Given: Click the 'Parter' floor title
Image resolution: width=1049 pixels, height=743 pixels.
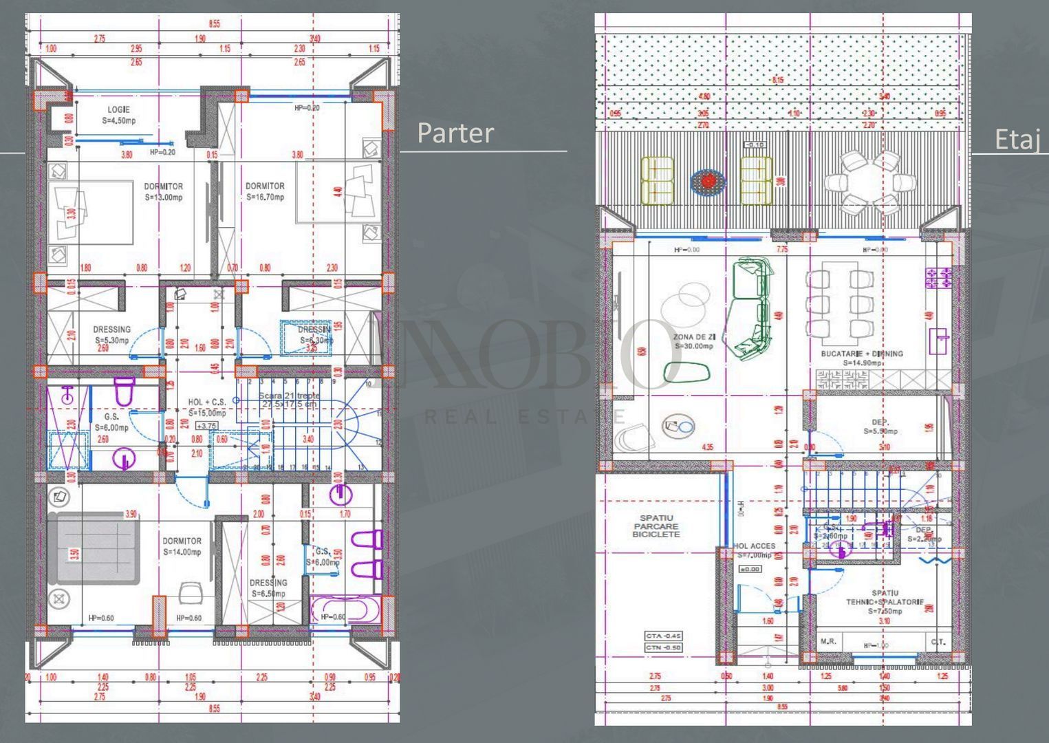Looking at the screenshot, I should click(x=455, y=133).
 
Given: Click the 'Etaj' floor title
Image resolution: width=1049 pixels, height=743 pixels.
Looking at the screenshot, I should click(x=1016, y=140).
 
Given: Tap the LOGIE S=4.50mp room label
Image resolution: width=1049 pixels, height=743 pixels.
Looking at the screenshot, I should click(x=118, y=115).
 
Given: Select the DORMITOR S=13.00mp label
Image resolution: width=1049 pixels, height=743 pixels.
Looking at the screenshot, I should click(x=163, y=192).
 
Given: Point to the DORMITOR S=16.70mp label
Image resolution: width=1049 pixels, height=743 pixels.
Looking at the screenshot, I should click(x=265, y=192).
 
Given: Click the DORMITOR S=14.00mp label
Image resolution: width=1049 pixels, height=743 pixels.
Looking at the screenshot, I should click(x=182, y=546).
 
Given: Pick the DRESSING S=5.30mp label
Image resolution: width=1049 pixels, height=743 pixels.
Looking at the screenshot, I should click(x=111, y=334).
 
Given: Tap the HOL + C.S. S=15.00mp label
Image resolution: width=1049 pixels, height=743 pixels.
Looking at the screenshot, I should click(x=207, y=407).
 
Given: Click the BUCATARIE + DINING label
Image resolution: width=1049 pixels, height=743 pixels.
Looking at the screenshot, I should click(x=862, y=358).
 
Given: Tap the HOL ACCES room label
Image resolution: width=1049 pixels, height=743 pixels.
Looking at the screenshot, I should click(x=755, y=550).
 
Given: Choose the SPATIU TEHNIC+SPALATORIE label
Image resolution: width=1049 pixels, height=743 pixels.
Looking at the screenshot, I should click(x=885, y=601).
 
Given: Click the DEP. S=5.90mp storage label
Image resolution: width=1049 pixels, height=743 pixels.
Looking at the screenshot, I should click(x=880, y=427).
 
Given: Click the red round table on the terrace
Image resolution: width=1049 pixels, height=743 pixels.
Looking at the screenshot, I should click(x=708, y=181).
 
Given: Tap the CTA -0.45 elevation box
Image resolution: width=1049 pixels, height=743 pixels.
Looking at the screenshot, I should click(x=663, y=636).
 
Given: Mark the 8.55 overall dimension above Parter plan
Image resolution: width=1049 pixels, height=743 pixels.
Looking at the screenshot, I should click(x=215, y=23).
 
